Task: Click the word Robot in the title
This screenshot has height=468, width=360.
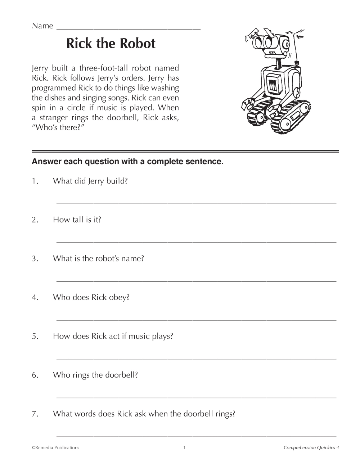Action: point(137,44)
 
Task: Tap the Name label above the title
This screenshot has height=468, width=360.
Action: point(42,26)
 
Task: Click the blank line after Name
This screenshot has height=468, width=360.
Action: point(129,28)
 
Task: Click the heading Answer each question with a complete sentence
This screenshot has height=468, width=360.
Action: point(128,162)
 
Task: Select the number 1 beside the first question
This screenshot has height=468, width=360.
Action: point(35,181)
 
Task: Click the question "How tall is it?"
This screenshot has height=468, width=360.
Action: point(77,220)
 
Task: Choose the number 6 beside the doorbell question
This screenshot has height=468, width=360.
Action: point(35,375)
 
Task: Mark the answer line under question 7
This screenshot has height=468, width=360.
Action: point(196,436)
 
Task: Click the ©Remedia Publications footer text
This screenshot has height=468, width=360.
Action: point(55,447)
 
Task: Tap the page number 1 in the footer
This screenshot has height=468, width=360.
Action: point(184,447)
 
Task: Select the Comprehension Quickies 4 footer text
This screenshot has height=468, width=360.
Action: point(311,447)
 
